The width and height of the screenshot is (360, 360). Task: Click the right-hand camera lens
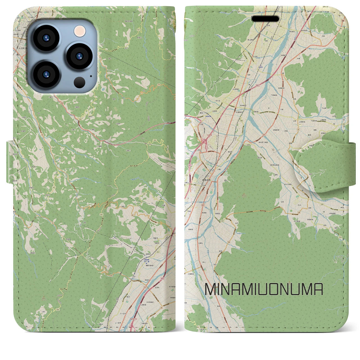79,56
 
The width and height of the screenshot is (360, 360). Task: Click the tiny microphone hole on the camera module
91,76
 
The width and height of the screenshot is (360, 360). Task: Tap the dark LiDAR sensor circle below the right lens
80,82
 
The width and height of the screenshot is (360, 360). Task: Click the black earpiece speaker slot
265,19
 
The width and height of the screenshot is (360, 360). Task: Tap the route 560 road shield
155,140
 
